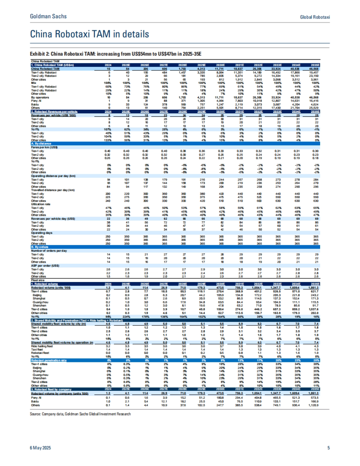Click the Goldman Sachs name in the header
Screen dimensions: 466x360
pos(48,16)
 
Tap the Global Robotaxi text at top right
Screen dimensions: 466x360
pos(315,17)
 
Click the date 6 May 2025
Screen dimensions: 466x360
pos(40,448)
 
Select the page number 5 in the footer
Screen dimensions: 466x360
pos(328,448)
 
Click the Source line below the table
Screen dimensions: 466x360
pos(80,414)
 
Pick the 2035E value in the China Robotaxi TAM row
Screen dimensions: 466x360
pos(315,69)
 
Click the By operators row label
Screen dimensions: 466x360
pos(40,97)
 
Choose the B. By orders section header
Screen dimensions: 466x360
pos(40,247)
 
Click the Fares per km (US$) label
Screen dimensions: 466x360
pos(44,147)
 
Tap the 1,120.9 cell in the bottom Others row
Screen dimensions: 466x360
pos(314,405)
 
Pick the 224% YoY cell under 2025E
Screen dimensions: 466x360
pos(125,316)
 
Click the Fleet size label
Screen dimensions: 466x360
pos(38,280)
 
